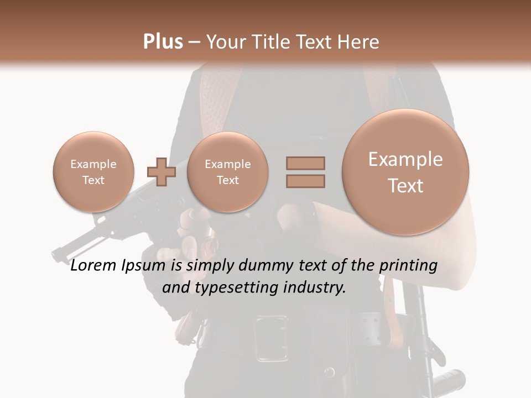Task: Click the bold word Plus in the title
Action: (163, 42)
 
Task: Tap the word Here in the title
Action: (360, 42)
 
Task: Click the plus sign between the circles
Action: (161, 171)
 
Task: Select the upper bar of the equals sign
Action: (305, 163)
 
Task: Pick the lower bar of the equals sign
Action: (305, 181)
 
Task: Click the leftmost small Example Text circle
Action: (93, 172)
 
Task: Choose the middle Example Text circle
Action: (227, 172)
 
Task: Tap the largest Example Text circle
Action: (405, 172)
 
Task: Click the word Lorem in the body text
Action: (94, 266)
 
